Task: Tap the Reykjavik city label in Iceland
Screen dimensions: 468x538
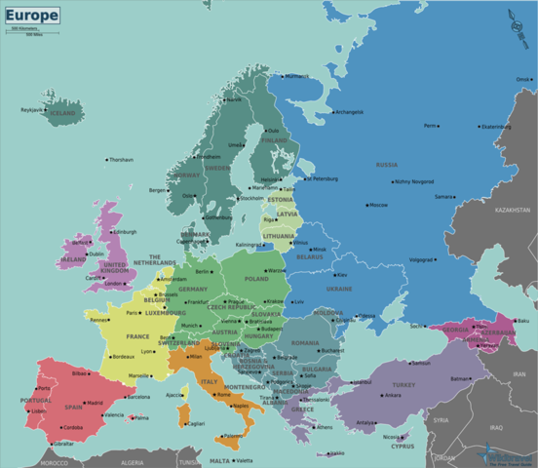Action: [33, 110]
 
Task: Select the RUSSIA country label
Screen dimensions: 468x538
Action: [386, 165]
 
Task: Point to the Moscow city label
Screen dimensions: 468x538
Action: [378, 205]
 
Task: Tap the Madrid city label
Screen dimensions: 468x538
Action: [95, 403]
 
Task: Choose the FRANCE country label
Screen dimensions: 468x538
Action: [136, 336]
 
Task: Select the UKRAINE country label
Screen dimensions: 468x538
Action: [339, 289]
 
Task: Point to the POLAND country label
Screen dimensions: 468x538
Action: [255, 279]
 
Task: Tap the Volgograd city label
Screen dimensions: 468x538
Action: [421, 260]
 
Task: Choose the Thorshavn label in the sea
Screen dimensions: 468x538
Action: [121, 159]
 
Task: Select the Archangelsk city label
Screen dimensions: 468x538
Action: [348, 111]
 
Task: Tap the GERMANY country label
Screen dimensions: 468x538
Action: [193, 289]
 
